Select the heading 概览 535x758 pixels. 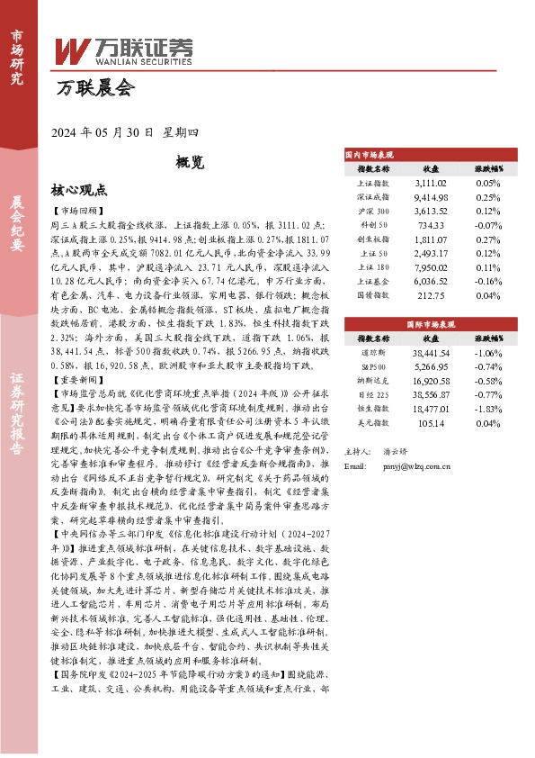point(190,163)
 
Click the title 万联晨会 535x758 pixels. point(94,88)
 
